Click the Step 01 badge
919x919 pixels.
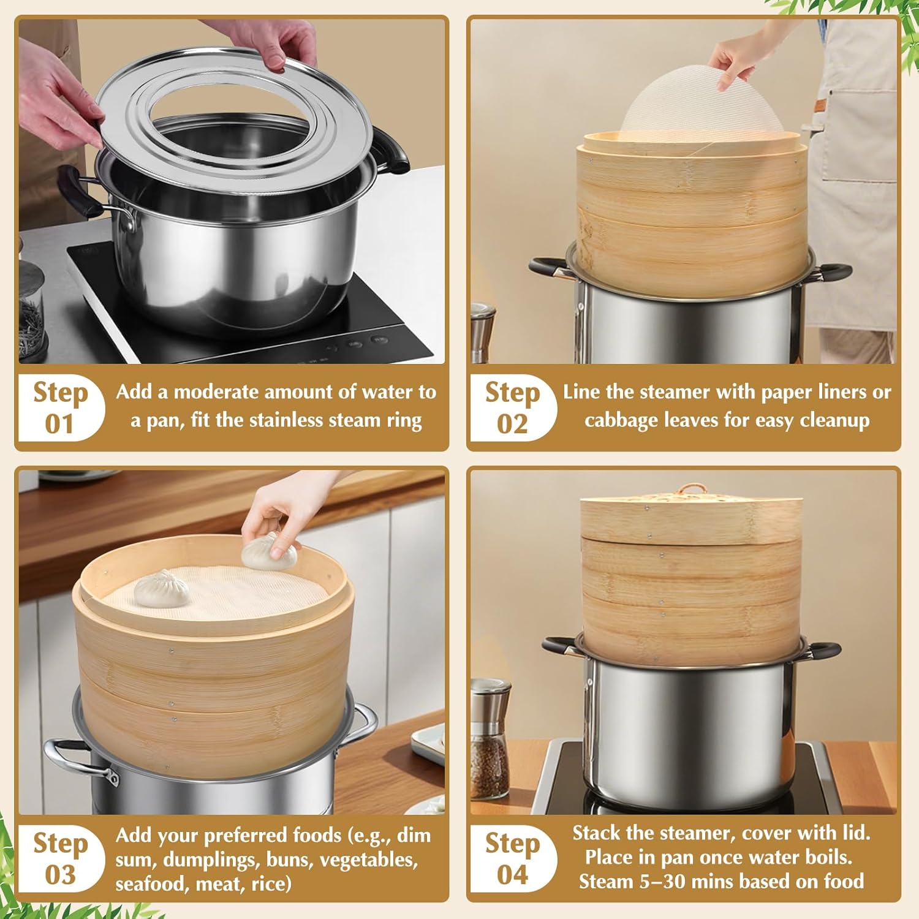coord(60,407)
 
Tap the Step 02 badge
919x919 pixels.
coord(512,407)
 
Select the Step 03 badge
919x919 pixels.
coord(60,858)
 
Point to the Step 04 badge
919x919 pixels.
coord(512,858)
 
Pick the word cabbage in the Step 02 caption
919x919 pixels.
coord(620,420)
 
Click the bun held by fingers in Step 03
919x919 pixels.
coord(269,555)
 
